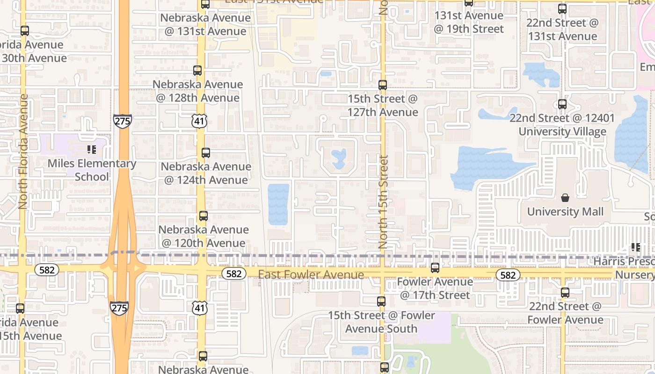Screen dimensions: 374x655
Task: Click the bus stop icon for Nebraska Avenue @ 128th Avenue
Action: [197, 71]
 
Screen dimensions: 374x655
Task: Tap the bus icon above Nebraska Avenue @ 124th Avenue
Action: [205, 152]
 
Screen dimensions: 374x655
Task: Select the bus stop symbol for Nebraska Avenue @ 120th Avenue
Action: [203, 216]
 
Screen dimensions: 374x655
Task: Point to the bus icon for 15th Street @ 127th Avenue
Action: [383, 85]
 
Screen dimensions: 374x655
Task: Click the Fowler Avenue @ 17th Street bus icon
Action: [435, 268]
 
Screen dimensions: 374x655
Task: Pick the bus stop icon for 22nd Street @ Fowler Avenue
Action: [565, 293]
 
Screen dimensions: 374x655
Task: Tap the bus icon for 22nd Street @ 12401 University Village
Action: [562, 104]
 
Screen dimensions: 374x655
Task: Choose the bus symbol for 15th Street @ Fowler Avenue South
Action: [381, 302]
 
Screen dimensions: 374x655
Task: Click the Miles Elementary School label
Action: [92, 170]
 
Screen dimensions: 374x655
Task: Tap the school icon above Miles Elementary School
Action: [92, 150]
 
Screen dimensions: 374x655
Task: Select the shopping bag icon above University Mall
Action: [565, 198]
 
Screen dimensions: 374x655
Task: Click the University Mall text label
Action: [565, 212]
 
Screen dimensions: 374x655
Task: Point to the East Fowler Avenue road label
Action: [311, 274]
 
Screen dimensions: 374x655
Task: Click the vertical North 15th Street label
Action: [383, 202]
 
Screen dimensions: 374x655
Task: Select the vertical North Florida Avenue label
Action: [23, 151]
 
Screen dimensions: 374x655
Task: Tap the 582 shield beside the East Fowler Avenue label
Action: [233, 273]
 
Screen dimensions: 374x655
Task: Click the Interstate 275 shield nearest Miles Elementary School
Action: [122, 121]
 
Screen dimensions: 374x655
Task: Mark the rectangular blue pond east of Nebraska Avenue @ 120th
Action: [278, 204]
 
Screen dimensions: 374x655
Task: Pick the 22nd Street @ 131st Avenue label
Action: [562, 29]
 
